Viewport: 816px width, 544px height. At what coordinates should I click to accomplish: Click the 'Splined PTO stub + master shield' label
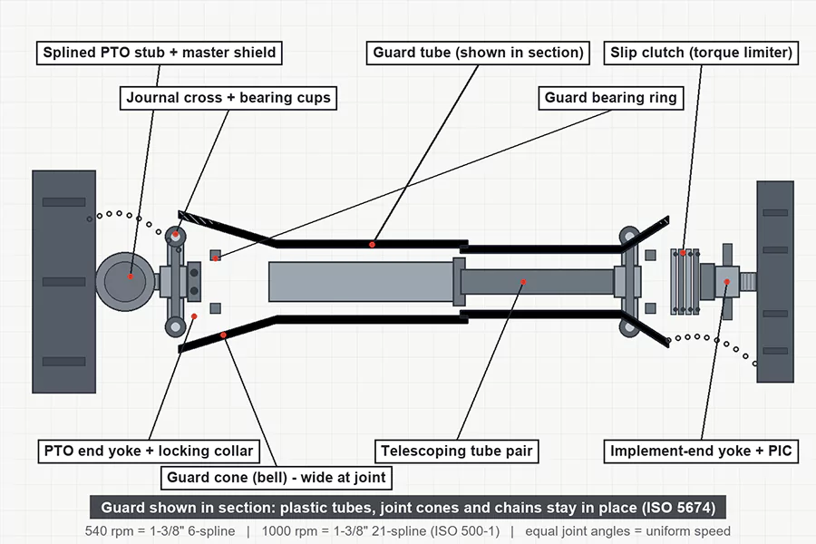(x=160, y=53)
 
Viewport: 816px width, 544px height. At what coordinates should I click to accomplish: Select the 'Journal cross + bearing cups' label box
(x=228, y=98)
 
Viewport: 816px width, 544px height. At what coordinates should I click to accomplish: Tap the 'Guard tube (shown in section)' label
(x=478, y=53)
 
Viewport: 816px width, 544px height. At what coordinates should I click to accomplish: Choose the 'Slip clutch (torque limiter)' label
(x=701, y=53)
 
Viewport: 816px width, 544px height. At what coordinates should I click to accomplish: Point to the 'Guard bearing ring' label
(x=610, y=98)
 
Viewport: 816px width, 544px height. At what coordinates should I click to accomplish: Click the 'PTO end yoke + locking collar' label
(x=149, y=451)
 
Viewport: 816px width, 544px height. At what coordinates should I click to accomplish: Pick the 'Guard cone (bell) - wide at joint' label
(x=277, y=478)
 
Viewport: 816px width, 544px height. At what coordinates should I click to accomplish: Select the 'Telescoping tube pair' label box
(x=457, y=451)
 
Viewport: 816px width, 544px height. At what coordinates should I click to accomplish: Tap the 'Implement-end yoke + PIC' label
(x=701, y=451)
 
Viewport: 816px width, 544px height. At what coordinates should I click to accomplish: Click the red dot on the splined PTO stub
(x=131, y=277)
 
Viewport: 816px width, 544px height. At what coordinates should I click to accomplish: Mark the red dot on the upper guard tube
(x=372, y=244)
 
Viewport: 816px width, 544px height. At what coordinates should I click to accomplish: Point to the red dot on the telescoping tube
(x=523, y=282)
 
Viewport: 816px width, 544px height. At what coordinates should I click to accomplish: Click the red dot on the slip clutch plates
(x=683, y=253)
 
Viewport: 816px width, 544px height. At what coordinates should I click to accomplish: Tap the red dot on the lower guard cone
(x=223, y=335)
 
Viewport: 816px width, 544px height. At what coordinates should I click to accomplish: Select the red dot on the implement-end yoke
(x=727, y=282)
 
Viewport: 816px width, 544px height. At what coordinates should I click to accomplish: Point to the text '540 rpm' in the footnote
(x=105, y=531)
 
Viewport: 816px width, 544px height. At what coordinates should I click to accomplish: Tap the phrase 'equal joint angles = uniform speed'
(x=627, y=531)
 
